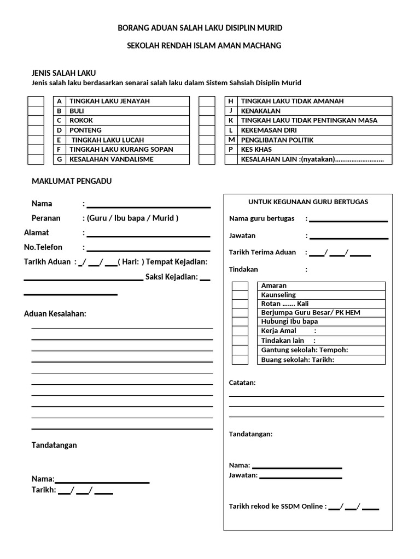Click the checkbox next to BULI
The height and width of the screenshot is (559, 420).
36,111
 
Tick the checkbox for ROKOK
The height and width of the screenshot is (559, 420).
36,120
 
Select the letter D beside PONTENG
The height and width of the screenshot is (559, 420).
59,130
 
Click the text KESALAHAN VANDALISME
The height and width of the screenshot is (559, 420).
112,159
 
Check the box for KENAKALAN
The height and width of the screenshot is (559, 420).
206,111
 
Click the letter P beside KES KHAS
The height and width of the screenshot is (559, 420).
231,150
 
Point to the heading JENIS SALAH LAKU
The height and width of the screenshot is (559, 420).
64,73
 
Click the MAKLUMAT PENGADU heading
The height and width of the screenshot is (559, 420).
72,181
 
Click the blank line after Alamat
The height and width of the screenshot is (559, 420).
148,235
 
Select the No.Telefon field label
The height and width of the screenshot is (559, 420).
43,247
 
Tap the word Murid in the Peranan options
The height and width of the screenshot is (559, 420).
164,218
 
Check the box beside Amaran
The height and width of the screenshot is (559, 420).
240,286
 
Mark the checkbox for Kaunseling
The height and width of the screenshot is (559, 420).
240,295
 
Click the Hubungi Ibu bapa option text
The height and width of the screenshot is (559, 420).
289,322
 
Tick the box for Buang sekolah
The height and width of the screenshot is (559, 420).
240,360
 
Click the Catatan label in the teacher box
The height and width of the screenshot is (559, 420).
242,383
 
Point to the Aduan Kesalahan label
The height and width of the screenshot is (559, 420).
55,314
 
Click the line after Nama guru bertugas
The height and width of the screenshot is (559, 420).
348,220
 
